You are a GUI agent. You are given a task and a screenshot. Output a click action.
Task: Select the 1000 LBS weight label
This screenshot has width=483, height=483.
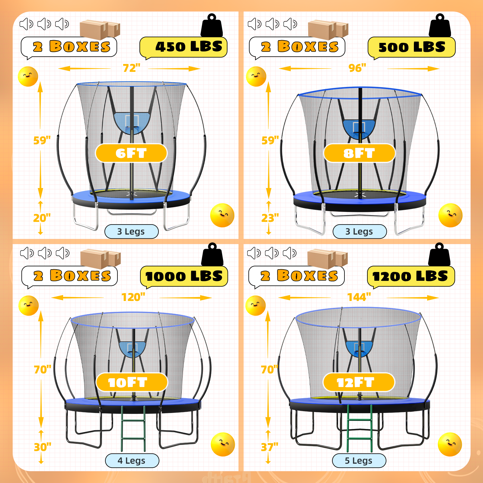coord(184,276)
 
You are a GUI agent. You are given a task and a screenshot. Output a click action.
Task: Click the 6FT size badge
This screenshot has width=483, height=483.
coord(131,153)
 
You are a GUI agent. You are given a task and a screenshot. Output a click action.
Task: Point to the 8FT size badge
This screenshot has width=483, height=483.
coord(359,153)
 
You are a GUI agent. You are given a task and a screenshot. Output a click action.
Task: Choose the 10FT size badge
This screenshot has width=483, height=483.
coord(132,382)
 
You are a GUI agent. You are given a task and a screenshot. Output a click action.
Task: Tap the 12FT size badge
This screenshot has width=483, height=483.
coord(359,382)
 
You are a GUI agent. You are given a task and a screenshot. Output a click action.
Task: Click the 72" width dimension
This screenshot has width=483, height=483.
coord(132,68)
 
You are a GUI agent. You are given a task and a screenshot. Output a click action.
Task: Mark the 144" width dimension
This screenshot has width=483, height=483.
coord(359,297)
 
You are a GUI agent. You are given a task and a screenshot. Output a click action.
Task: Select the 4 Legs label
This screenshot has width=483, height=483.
coord(132,461)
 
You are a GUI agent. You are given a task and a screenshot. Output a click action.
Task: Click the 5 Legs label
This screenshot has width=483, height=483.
coord(359,461)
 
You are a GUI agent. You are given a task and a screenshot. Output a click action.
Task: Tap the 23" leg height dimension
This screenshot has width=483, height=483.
coord(270,218)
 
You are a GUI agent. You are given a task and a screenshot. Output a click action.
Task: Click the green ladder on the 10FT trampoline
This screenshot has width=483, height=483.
coord(133,429)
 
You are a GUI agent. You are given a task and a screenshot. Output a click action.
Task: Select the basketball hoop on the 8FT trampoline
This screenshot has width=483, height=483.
coord(359,129)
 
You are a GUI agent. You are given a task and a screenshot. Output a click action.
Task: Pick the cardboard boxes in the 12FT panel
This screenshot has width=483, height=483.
coord(328,259)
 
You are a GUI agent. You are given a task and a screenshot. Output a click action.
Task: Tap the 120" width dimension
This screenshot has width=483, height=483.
coord(133,297)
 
